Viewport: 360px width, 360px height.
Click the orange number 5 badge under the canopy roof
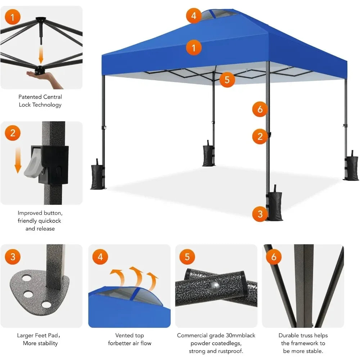pyautogui.click(x=227, y=80)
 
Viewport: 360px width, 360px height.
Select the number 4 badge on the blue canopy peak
pyautogui.click(x=194, y=16)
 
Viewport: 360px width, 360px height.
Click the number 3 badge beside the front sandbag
pyautogui.click(x=260, y=215)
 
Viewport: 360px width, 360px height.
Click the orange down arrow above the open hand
pyautogui.click(x=41, y=56)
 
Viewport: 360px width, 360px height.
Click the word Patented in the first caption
pyautogui.click(x=30, y=97)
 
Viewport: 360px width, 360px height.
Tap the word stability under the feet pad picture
pyautogui.click(x=45, y=343)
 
